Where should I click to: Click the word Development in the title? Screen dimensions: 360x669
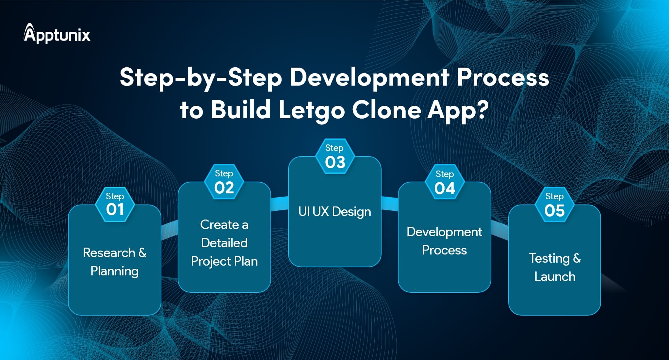369,78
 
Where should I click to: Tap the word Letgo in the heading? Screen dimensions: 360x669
312,110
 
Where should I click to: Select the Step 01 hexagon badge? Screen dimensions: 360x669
115,205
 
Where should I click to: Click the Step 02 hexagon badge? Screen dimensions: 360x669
224,182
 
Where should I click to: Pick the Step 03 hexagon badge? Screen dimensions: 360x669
334,156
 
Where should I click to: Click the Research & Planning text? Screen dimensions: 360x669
115,262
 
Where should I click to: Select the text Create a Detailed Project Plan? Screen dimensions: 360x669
224,243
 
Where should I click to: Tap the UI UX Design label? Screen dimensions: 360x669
334,212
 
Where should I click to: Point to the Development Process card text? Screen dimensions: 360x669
444,241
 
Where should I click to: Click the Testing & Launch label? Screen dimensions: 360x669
555,267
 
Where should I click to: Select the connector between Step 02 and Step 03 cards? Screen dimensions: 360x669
280,204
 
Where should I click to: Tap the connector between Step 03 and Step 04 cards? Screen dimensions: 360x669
390,204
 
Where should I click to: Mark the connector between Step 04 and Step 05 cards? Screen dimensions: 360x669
500,230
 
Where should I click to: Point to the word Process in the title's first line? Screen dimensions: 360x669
503,78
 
